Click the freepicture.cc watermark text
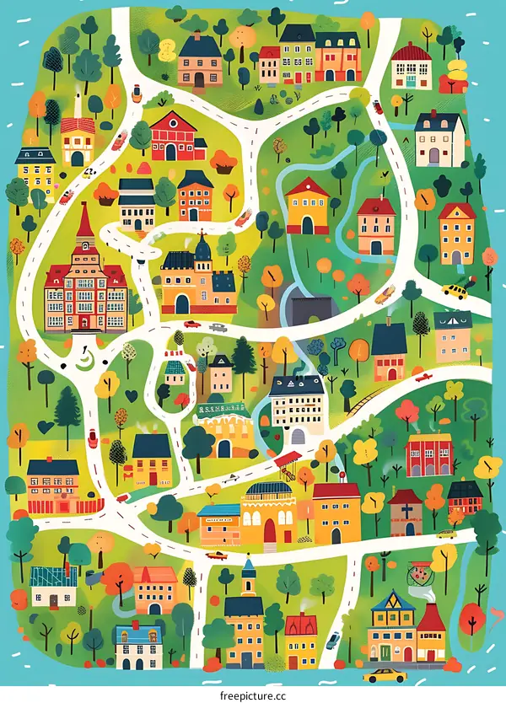pos(253,696)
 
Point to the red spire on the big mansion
pos(83,223)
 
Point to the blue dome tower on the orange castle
pos(203,249)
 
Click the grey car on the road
pos(218,327)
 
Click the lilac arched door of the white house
pos(434,155)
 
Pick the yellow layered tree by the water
pos(458,72)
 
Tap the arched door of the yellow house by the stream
pos(307,225)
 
